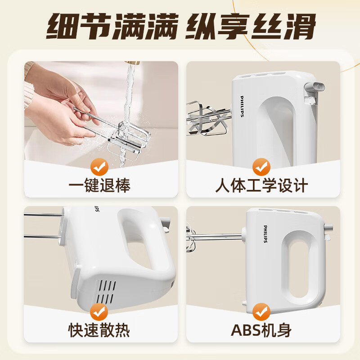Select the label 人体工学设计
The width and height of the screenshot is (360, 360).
pos(261,185)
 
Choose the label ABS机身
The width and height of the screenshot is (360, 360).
pos(261,330)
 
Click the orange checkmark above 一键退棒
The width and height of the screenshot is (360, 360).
pos(99,167)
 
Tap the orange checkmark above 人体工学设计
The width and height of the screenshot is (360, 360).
pos(261,167)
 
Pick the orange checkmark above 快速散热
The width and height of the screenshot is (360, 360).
pos(99,312)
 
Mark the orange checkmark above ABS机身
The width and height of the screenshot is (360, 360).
pos(261,312)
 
